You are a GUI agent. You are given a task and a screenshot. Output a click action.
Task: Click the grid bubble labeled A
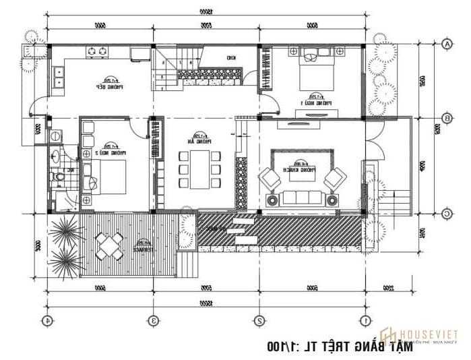[x=447, y=44]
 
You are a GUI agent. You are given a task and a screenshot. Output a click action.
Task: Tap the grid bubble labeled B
[x=447, y=119]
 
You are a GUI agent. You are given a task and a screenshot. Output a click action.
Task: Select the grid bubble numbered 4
[x=47, y=320]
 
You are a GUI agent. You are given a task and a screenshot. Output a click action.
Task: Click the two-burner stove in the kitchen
[x=98, y=51]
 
